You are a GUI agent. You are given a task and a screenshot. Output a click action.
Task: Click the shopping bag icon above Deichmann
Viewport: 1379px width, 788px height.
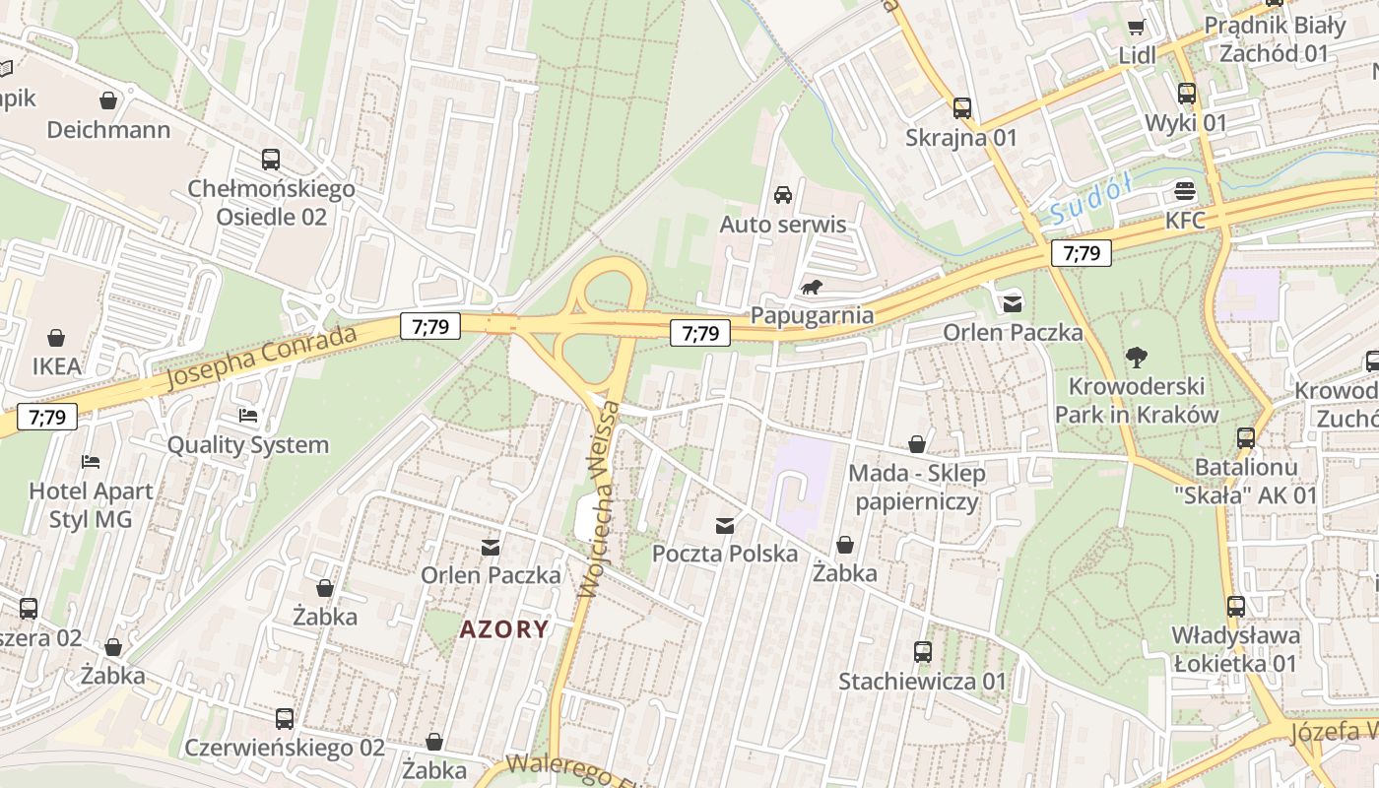pos(108,100)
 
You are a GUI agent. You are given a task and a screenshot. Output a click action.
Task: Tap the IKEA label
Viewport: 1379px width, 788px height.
pos(56,366)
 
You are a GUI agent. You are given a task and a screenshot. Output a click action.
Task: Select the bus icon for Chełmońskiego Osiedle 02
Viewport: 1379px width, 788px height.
pos(270,159)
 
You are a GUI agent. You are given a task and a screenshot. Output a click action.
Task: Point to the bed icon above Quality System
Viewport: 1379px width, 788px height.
pos(248,417)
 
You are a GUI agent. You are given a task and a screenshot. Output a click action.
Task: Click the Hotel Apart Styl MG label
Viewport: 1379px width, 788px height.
pos(91,504)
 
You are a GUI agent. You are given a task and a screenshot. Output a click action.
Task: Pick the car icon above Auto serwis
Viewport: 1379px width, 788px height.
pos(783,195)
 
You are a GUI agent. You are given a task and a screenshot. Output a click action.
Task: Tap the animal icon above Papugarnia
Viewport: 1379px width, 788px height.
pos(813,288)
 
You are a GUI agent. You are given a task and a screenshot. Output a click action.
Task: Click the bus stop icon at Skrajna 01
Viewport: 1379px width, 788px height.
pos(961,108)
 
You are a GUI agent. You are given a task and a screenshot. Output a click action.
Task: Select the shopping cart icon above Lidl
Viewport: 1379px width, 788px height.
pos(1137,27)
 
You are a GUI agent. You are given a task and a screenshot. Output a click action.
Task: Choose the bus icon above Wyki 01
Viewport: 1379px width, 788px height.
pos(1186,94)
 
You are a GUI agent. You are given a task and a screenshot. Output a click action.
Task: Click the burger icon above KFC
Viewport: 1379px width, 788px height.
pos(1185,191)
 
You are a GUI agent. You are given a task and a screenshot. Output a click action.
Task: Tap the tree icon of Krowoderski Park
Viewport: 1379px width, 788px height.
pos(1137,357)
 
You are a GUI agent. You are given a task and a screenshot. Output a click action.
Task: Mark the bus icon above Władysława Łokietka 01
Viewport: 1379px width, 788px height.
pos(1236,607)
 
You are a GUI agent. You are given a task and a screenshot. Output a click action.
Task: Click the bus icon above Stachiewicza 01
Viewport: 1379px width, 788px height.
pos(923,651)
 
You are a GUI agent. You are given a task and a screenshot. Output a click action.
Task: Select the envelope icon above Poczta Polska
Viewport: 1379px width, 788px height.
pos(725,525)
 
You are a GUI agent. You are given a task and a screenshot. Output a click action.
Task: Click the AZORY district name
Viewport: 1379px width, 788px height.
pos(503,628)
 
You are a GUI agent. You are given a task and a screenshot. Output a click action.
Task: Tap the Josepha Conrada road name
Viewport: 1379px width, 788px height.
pos(261,357)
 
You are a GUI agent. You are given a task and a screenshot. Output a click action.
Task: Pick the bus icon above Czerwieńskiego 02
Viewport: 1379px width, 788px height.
pos(285,718)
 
